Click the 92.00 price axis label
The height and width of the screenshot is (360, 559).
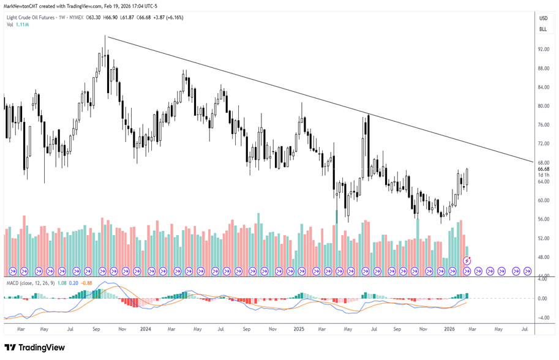(543, 50)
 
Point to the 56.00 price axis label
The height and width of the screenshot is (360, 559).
(543, 219)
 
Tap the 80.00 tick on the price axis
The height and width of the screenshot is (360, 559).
(543, 106)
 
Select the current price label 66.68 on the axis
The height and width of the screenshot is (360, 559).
(543, 168)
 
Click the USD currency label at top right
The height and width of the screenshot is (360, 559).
(543, 18)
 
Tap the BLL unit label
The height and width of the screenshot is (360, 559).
(543, 29)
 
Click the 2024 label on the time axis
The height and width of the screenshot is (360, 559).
(145, 329)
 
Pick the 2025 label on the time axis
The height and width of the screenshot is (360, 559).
(299, 329)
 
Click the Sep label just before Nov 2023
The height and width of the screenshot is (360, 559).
(97, 329)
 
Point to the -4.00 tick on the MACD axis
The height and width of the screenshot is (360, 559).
(542, 318)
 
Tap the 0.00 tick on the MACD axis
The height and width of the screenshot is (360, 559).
(543, 299)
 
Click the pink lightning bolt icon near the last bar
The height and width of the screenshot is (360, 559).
(467, 261)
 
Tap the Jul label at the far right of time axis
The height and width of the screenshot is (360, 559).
(525, 329)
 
